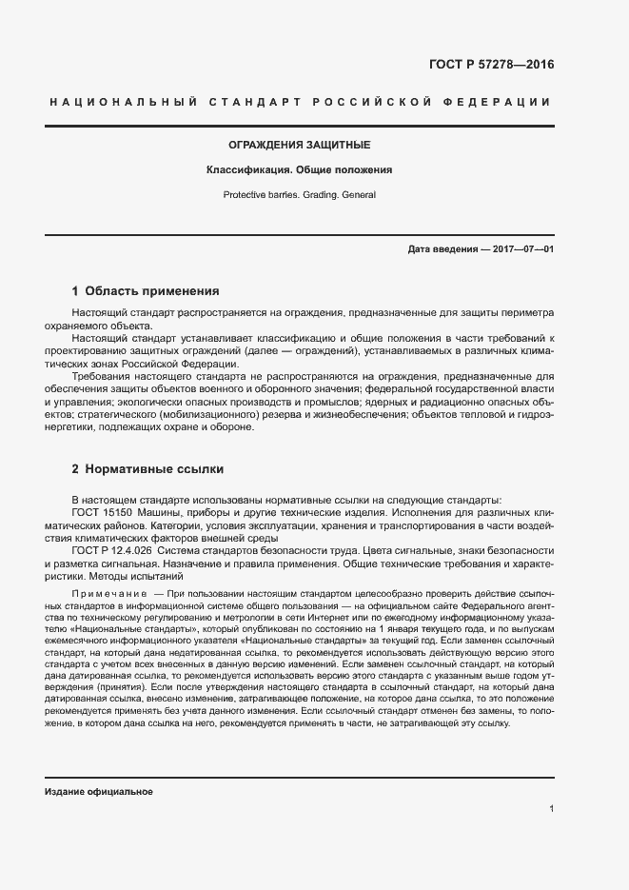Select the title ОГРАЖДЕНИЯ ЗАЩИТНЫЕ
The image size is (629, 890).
point(300,146)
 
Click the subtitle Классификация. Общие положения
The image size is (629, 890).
point(300,170)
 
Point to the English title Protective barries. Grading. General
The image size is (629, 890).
point(300,194)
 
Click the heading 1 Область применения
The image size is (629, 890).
point(146,291)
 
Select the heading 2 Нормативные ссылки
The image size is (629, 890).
point(147,469)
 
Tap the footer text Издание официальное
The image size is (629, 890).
point(98,792)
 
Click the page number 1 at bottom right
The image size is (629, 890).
point(552,809)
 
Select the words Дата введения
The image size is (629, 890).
point(442,249)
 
